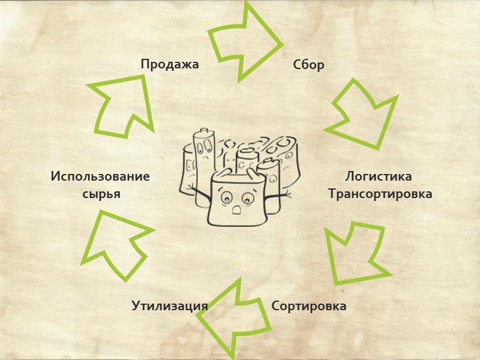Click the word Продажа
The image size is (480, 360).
tap(169, 64)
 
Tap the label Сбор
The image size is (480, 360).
tap(308, 65)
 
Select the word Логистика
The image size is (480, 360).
tap(379, 177)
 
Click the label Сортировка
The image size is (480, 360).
tap(309, 306)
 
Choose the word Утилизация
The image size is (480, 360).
tap(170, 306)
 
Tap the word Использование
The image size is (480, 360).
tap(100, 177)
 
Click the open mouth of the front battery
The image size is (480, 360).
tap(237, 210)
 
